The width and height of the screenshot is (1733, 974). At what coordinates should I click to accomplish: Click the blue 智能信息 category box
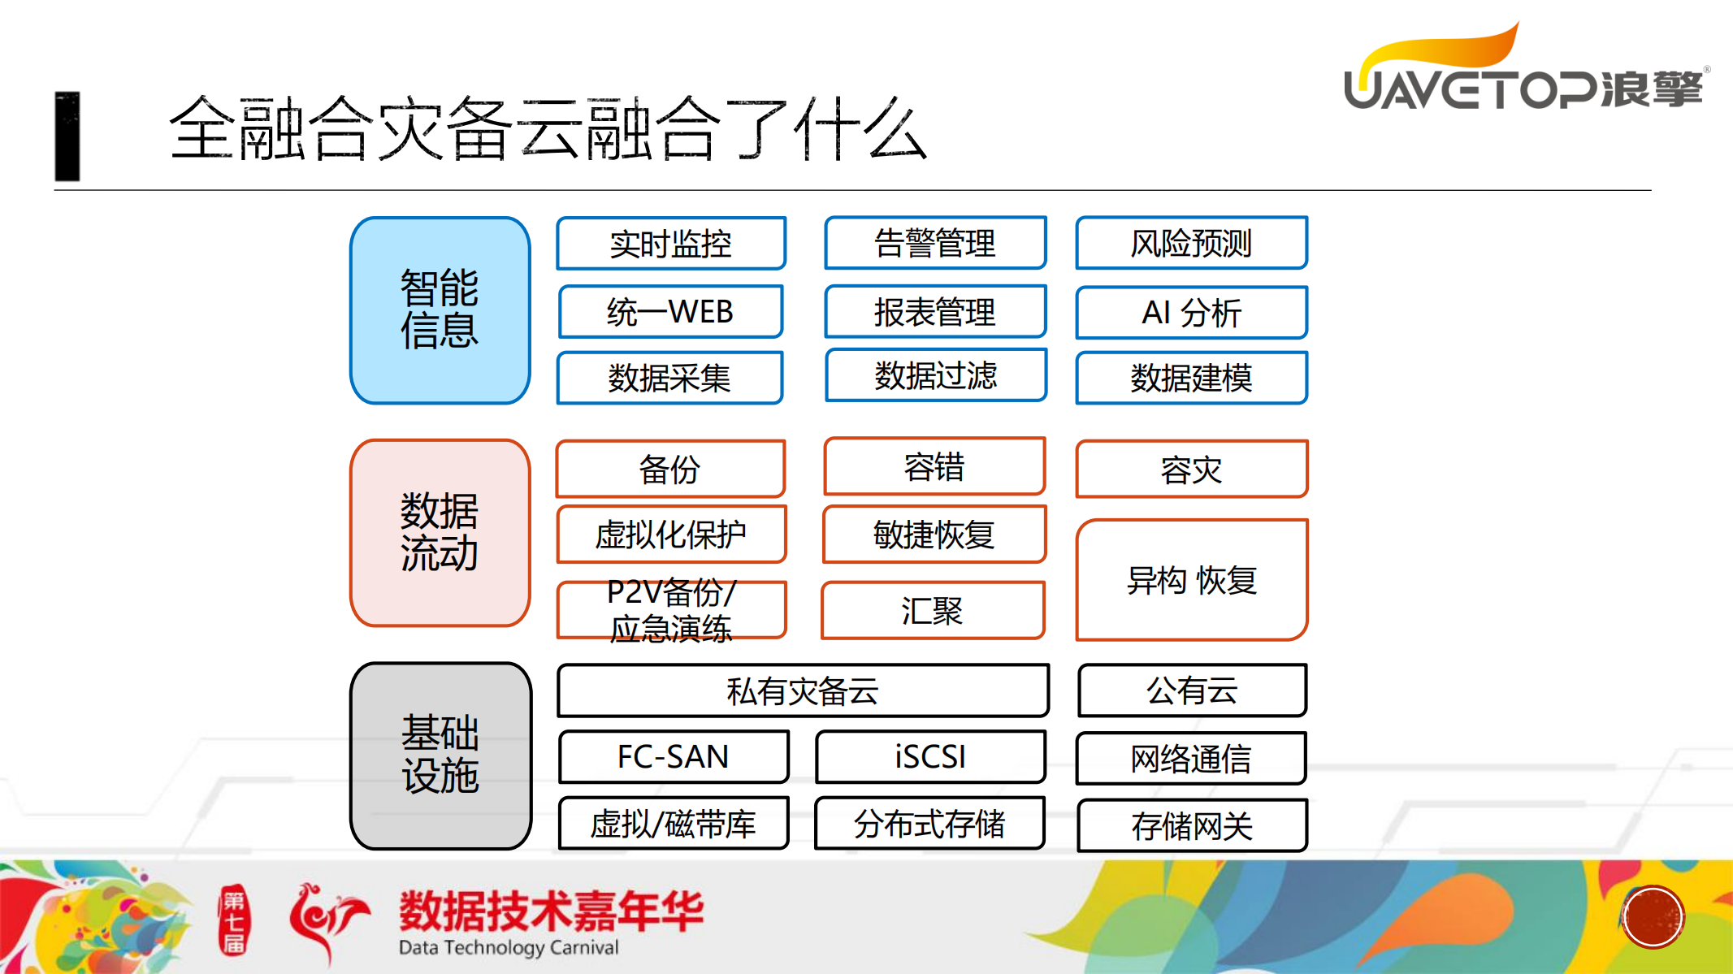pyautogui.click(x=440, y=310)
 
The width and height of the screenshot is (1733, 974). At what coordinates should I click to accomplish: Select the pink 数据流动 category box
pyautogui.click(x=440, y=533)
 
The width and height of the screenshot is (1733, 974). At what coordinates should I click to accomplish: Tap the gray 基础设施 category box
pyautogui.click(x=440, y=755)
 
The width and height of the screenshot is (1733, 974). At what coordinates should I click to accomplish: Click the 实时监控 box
pyautogui.click(x=671, y=243)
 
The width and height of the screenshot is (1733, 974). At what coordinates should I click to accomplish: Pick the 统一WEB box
pyautogui.click(x=671, y=311)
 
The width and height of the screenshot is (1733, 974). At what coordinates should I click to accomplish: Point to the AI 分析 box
pyautogui.click(x=1191, y=312)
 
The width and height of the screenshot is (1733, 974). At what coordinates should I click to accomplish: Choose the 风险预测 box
pyautogui.click(x=1191, y=243)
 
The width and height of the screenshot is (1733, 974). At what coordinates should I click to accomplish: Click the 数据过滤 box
pyautogui.click(x=935, y=375)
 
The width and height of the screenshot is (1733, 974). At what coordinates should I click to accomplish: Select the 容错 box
pyautogui.click(x=934, y=467)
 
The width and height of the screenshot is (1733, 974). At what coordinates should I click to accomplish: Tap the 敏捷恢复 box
pyautogui.click(x=934, y=535)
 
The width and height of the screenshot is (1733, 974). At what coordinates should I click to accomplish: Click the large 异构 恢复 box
pyautogui.click(x=1191, y=580)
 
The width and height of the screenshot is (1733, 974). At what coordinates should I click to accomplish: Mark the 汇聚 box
pyautogui.click(x=933, y=610)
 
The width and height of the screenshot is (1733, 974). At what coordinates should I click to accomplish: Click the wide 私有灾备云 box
pyautogui.click(x=803, y=690)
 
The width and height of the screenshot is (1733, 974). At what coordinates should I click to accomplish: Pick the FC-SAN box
pyautogui.click(x=673, y=756)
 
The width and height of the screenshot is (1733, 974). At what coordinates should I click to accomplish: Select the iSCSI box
pyautogui.click(x=930, y=756)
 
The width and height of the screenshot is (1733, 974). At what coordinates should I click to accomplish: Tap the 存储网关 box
pyautogui.click(x=1192, y=825)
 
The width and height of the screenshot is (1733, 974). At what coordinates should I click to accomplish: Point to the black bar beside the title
pyautogui.click(x=67, y=136)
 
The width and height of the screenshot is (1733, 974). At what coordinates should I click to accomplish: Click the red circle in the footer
pyautogui.click(x=1653, y=917)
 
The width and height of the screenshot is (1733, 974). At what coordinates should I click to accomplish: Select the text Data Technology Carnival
pyautogui.click(x=509, y=947)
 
